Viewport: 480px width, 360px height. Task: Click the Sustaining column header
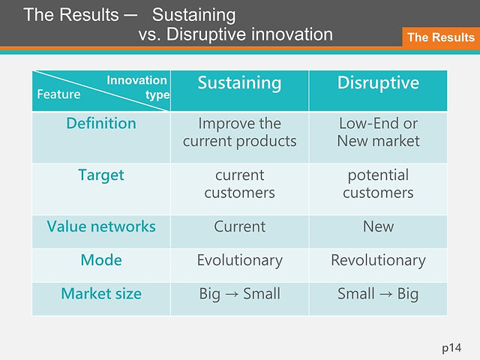pyautogui.click(x=239, y=83)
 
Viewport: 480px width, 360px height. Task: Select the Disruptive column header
pyautogui.click(x=378, y=82)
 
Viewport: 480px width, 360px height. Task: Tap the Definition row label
pyautogui.click(x=101, y=123)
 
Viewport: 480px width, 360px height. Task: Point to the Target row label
pyautogui.click(x=101, y=175)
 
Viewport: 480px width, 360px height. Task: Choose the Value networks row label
pyautogui.click(x=101, y=226)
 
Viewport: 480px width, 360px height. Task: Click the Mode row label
pyautogui.click(x=101, y=260)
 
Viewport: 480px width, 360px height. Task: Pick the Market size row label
pyautogui.click(x=101, y=293)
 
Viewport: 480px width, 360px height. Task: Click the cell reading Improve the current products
pyautogui.click(x=239, y=132)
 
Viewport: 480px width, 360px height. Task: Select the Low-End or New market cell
pyautogui.click(x=378, y=132)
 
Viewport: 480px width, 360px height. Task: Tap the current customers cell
pyautogui.click(x=239, y=184)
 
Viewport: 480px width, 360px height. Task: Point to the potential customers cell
pyautogui.click(x=378, y=184)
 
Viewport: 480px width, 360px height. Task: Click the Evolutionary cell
pyautogui.click(x=239, y=260)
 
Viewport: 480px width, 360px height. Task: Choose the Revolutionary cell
pyautogui.click(x=378, y=260)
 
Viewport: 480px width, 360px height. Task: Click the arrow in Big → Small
pyautogui.click(x=232, y=295)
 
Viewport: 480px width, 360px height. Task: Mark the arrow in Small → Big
pyautogui.click(x=386, y=295)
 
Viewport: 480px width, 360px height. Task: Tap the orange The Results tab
pyautogui.click(x=441, y=37)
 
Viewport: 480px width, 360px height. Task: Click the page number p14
pyautogui.click(x=451, y=348)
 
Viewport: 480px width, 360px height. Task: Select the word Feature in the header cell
pyautogui.click(x=58, y=94)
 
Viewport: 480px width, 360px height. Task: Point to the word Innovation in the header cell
pyautogui.click(x=136, y=80)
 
